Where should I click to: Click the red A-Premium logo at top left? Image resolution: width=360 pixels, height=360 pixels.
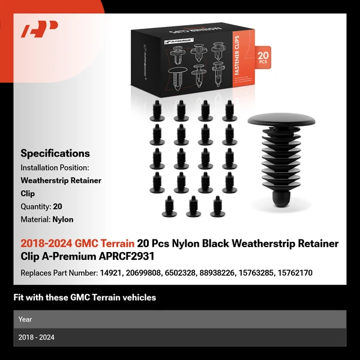click(x=39, y=29)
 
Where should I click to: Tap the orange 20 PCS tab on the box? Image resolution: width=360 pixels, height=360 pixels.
click(x=263, y=58)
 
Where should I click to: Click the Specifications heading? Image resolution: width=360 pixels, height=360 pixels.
click(x=55, y=154)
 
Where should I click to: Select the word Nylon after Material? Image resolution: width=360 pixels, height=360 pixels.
click(x=63, y=220)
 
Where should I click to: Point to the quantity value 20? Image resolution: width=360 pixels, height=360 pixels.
click(x=58, y=206)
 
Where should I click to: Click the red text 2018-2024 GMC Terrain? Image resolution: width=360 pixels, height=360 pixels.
click(x=77, y=244)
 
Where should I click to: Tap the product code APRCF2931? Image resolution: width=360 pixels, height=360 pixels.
click(x=127, y=256)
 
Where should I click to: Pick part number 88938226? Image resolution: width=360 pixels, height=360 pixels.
click(x=217, y=273)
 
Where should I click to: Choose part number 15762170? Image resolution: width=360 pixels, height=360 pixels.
click(x=295, y=273)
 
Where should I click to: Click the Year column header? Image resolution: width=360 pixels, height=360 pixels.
click(x=25, y=319)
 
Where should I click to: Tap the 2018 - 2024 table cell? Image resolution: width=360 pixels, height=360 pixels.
click(x=36, y=337)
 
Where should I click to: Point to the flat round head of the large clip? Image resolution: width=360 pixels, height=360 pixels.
click(x=281, y=119)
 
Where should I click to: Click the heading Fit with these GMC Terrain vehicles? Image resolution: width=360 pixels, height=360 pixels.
click(x=85, y=298)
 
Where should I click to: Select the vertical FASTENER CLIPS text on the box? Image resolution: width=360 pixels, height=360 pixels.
click(x=237, y=55)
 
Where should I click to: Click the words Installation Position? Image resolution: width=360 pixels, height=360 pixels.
click(x=55, y=167)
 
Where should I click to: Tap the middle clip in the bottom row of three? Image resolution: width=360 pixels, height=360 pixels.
click(x=193, y=206)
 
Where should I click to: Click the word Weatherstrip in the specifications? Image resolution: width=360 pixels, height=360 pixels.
click(x=44, y=181)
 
